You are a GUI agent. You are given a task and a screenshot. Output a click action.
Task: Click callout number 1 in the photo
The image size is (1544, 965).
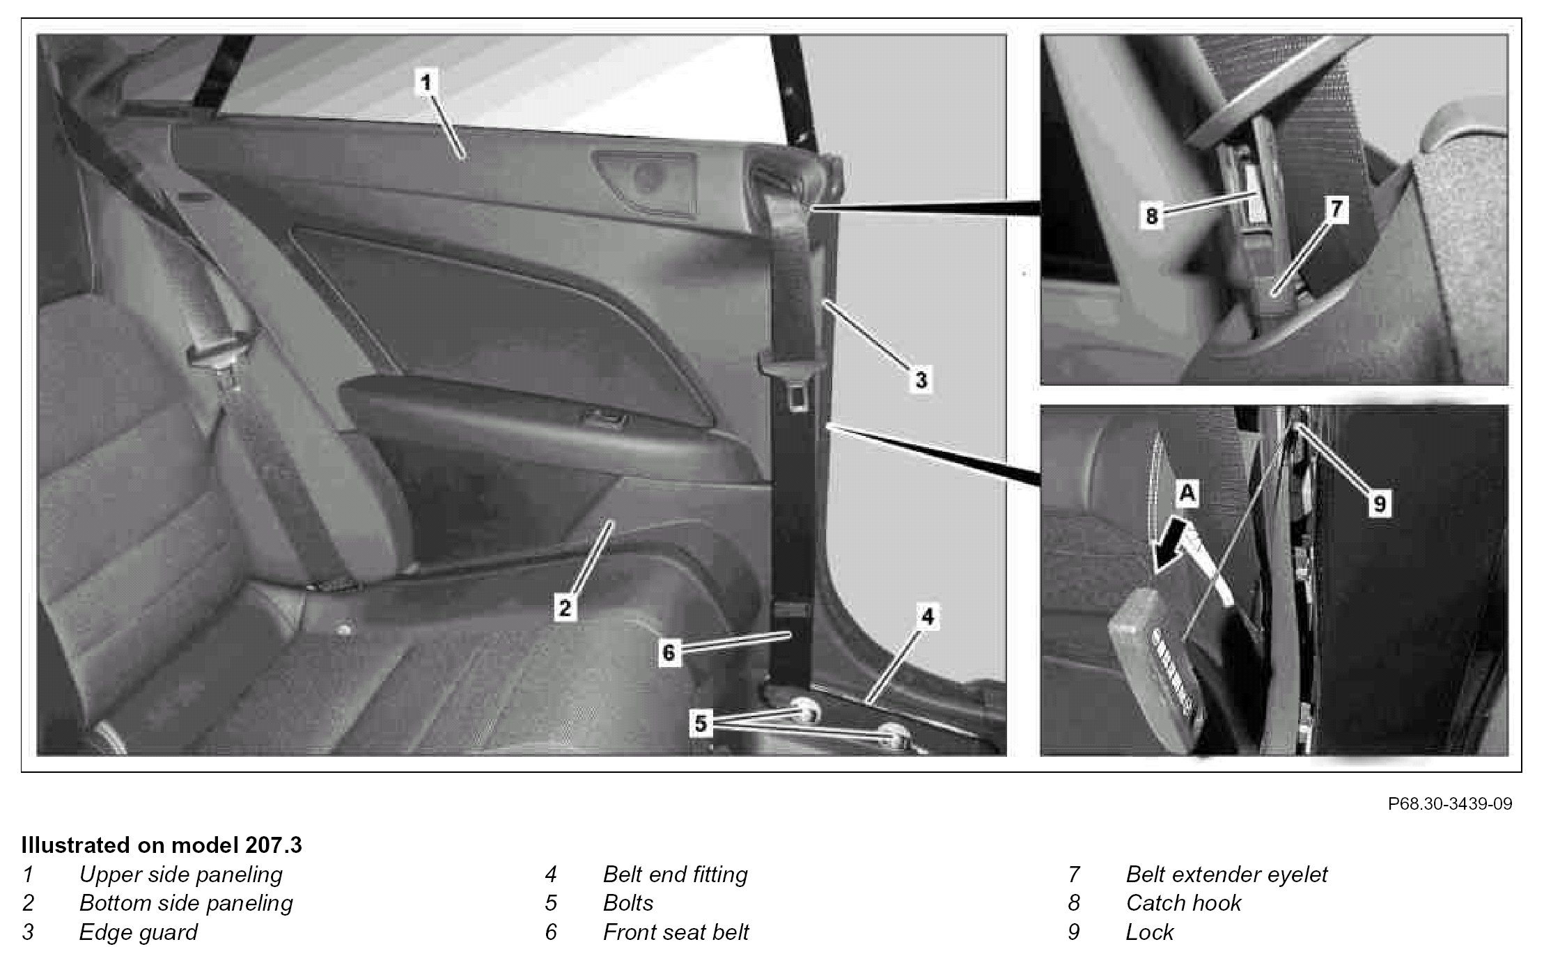425,83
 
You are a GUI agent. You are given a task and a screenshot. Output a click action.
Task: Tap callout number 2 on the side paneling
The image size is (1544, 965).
565,608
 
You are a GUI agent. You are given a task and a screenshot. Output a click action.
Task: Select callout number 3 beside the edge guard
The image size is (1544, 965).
921,380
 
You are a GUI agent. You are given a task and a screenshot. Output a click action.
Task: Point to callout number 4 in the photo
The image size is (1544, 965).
927,617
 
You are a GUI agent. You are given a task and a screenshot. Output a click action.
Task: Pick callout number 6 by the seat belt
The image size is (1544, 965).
669,653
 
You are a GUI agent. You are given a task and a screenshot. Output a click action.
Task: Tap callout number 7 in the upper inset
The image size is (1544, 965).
1336,210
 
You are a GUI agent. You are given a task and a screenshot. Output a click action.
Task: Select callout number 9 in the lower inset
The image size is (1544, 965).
1380,503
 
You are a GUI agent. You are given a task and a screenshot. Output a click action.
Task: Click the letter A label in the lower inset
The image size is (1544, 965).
1187,494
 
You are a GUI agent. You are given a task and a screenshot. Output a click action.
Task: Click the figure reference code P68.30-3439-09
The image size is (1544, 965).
1450,804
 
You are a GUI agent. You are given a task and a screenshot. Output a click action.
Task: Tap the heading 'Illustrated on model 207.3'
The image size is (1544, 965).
162,845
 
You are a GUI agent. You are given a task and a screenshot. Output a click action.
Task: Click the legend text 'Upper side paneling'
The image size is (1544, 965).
181,874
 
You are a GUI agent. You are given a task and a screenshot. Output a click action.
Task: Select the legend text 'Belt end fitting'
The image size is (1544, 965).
676,874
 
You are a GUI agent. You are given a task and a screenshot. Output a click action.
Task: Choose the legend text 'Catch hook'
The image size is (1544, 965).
1183,903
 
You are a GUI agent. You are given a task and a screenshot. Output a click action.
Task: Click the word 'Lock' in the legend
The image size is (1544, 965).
1150,932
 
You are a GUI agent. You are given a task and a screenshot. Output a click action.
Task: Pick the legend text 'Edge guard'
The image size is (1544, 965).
139,933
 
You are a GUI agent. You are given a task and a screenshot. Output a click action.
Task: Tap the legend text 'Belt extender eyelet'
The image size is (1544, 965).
1226,874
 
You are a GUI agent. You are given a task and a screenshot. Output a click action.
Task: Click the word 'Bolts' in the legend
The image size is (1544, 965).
628,903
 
